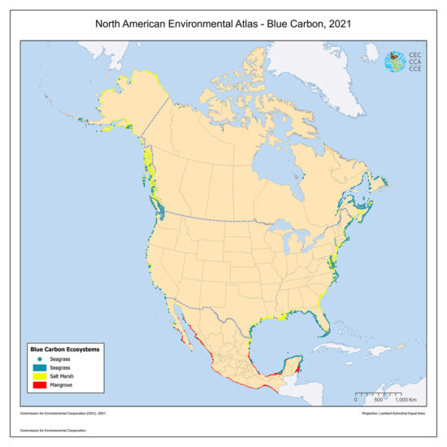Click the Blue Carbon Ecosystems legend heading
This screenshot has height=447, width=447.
point(65,349)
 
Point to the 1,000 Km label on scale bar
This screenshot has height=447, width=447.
point(404,401)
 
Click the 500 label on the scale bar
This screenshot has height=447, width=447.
point(379,401)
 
